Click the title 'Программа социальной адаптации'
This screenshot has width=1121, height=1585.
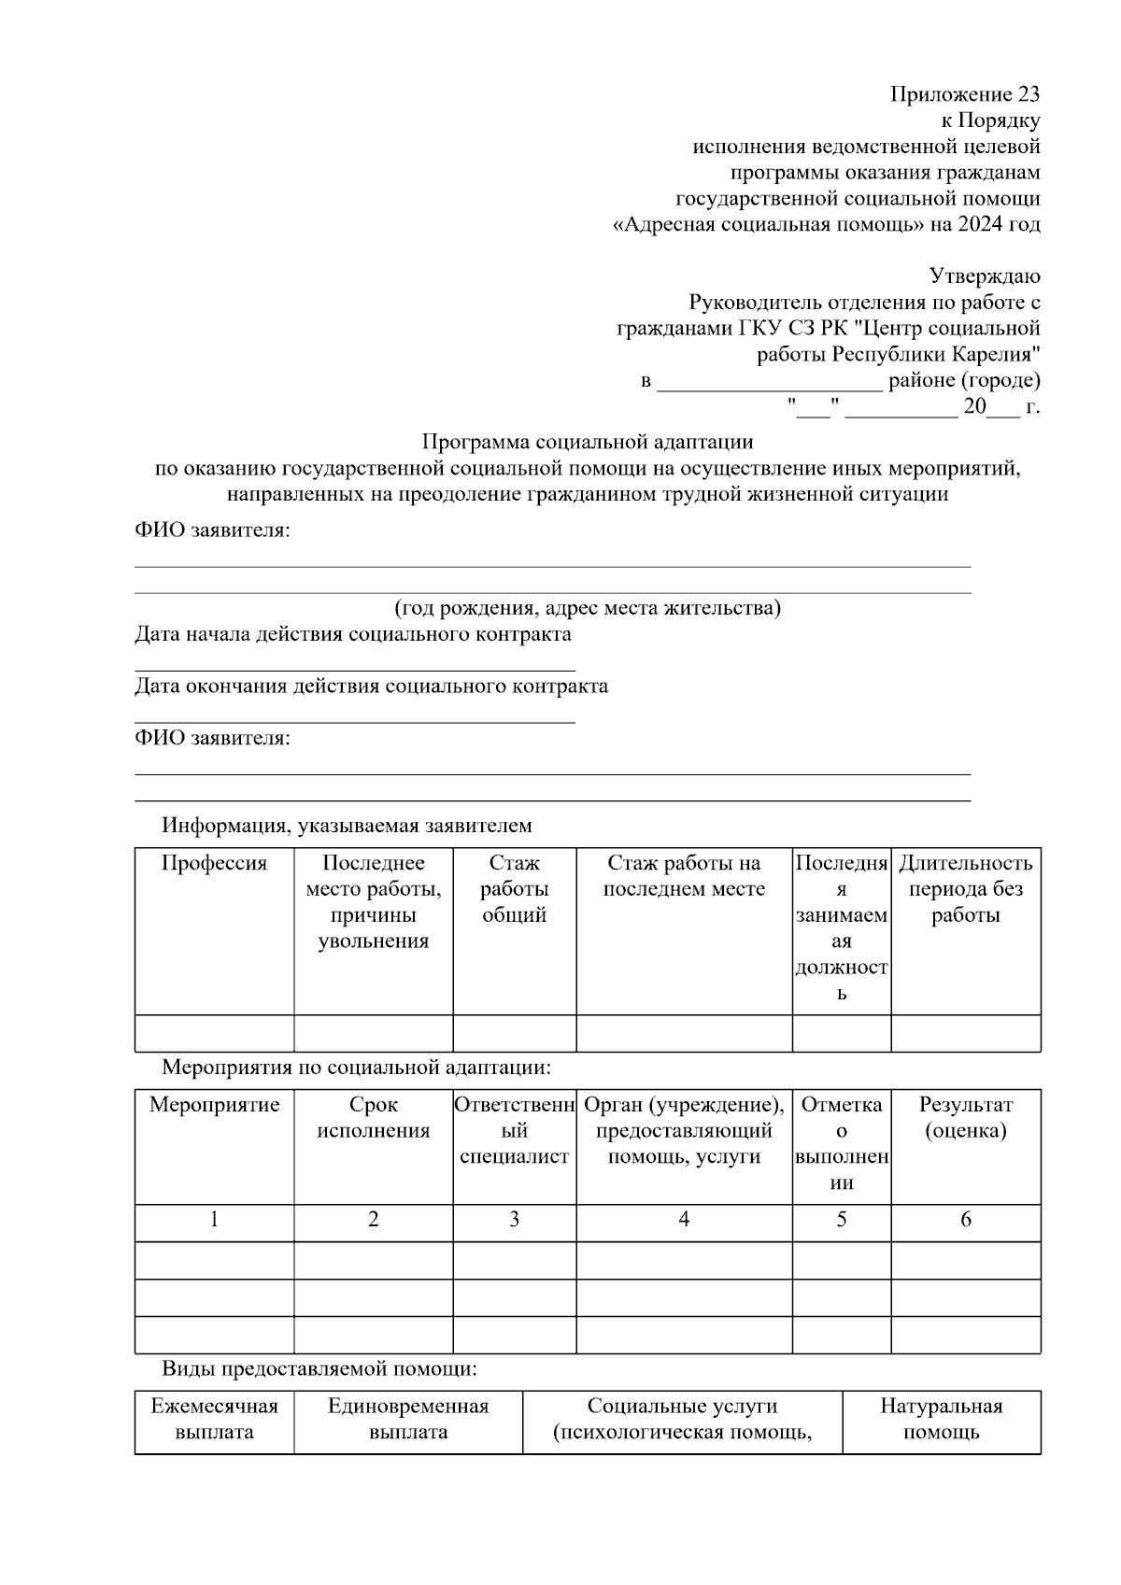pos(588,441)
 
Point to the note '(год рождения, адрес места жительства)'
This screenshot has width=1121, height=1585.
pos(588,608)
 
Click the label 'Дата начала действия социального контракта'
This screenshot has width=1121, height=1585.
pos(353,634)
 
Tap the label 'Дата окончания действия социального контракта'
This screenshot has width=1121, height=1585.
pos(371,686)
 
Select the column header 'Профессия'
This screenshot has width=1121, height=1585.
pos(214,863)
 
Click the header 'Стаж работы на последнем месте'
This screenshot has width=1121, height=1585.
pos(684,876)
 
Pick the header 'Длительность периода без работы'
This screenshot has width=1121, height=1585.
pos(965,888)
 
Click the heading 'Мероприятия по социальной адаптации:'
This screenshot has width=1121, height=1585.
pos(357,1067)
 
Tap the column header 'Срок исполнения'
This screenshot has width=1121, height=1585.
pos(374,1118)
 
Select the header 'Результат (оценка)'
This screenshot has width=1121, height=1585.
pos(965,1118)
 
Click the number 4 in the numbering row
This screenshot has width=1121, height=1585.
pos(684,1219)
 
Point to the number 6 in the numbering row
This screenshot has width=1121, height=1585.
pos(965,1219)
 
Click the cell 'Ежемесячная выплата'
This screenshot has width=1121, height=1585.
pos(214,1419)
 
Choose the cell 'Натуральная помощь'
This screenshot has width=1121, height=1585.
pos(941,1419)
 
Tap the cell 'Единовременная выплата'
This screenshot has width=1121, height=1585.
pos(408,1419)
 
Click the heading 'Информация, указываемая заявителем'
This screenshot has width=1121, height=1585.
pos(347,826)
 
